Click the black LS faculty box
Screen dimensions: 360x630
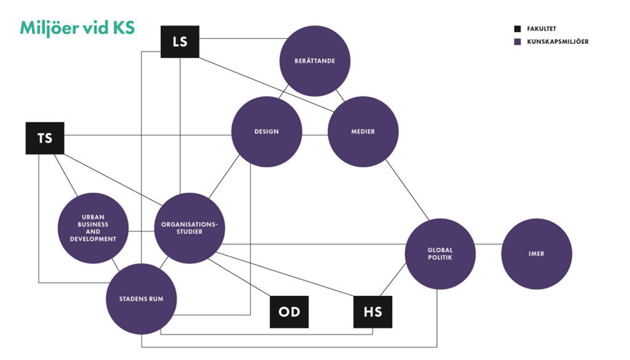point(179,42)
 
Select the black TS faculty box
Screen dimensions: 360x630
point(44,138)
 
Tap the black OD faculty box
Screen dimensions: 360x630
point(289,311)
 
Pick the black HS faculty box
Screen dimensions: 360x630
point(372,311)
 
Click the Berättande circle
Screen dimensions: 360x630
point(315,61)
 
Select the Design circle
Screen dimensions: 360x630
point(266,131)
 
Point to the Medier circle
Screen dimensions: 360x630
point(363,131)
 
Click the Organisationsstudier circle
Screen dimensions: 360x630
point(189,228)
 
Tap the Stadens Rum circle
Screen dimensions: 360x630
point(141,300)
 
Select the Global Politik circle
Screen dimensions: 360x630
point(440,254)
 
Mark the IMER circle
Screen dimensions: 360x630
point(536,254)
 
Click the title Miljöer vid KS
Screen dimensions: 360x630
point(77,28)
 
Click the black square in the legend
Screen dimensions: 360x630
point(517,29)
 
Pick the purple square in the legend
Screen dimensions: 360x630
point(517,42)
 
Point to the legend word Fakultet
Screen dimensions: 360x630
point(542,29)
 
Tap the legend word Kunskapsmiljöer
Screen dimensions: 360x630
point(558,42)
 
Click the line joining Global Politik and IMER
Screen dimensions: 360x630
point(488,245)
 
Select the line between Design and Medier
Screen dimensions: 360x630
point(315,131)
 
